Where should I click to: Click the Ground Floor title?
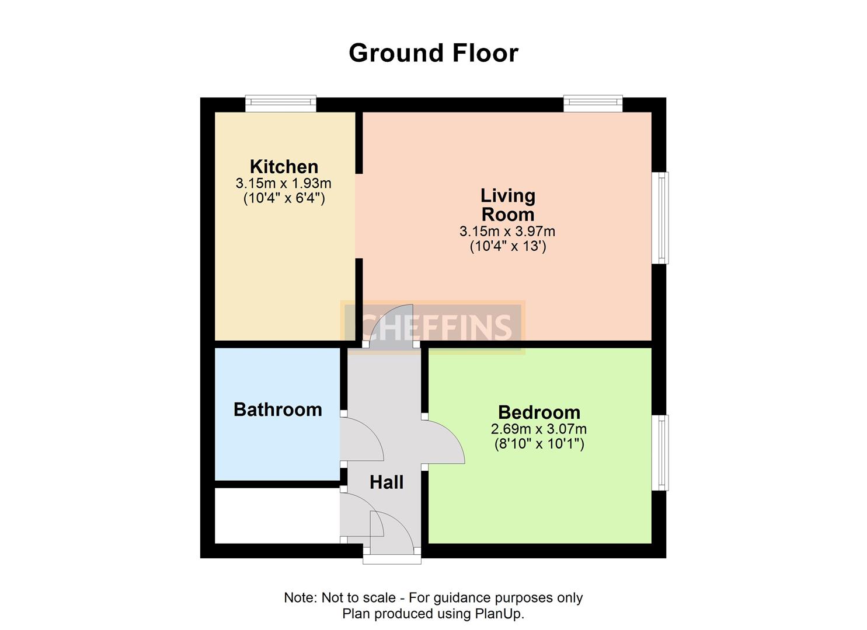point(433,53)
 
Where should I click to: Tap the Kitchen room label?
point(284,166)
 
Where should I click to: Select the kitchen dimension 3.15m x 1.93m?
point(283,183)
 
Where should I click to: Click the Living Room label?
point(507,204)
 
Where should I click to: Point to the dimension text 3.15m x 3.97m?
point(507,232)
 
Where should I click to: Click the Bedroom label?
point(539,412)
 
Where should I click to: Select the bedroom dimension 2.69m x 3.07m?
point(538,429)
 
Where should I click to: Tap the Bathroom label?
point(277,409)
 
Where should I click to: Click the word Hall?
point(387,482)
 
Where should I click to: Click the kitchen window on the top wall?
point(280,103)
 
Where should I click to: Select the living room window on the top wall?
point(593,103)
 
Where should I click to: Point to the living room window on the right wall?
point(660,218)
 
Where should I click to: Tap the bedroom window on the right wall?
point(660,453)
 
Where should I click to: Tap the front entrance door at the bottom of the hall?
point(392,534)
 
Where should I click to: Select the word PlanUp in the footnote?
point(499,614)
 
